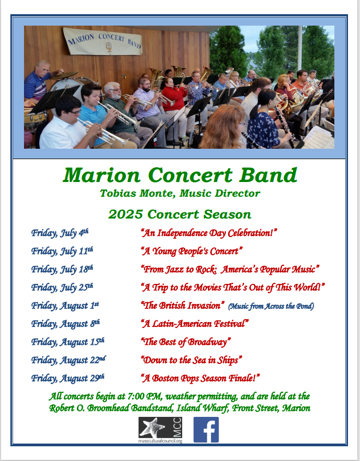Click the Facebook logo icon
(x=206, y=429)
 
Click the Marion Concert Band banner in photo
(x=103, y=41)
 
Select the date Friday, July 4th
(x=60, y=233)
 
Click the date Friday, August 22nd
(x=68, y=360)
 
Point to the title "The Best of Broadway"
(x=186, y=342)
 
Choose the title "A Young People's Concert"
(x=191, y=251)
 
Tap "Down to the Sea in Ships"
(x=191, y=360)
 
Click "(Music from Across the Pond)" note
(x=271, y=306)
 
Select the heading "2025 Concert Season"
(x=180, y=214)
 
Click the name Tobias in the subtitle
(x=118, y=193)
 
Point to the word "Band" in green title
(x=268, y=175)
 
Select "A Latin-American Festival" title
(x=195, y=324)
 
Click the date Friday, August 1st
(x=65, y=306)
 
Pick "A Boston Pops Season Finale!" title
(x=201, y=378)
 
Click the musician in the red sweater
(x=174, y=100)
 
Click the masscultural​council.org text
(x=160, y=441)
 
